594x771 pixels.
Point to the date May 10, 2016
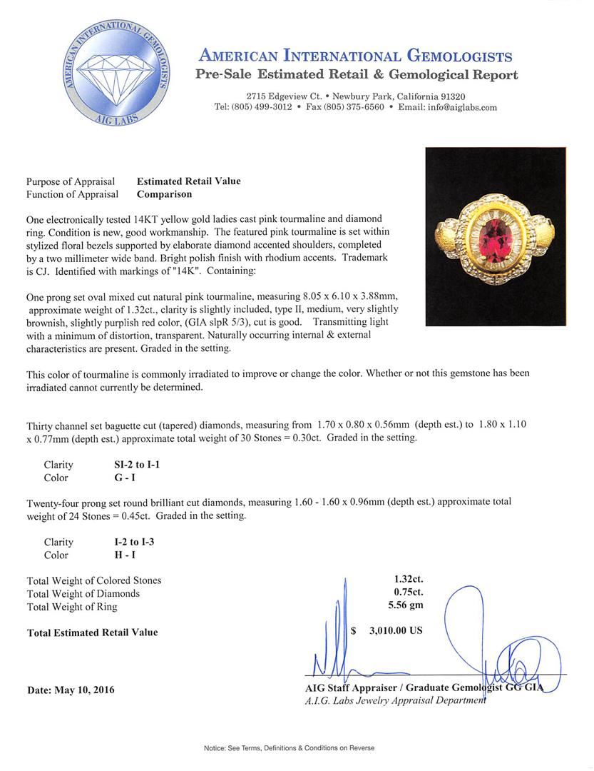(x=71, y=690)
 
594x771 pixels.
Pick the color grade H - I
(x=116, y=555)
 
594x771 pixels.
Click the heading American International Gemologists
(x=355, y=56)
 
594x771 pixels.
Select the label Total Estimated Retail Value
(x=92, y=632)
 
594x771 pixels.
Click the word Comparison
(x=164, y=193)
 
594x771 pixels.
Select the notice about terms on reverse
(x=289, y=747)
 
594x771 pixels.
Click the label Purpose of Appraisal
(x=73, y=181)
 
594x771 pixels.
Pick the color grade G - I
(x=116, y=478)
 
